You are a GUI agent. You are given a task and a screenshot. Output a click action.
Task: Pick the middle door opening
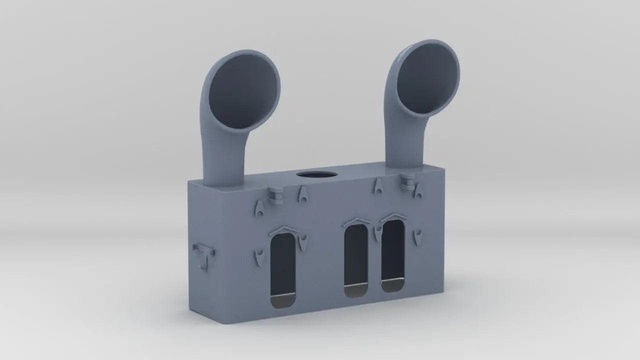pos(356,257)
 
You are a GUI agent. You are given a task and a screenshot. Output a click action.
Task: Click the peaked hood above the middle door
pos(356,221)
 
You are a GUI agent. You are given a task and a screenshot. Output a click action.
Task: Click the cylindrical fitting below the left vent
pos(274,194)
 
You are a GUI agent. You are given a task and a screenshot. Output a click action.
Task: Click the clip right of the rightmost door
pos(418,236)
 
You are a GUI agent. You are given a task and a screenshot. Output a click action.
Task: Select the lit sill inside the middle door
pos(356,289)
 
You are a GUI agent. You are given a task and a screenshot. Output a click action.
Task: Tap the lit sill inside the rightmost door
pos(392,286)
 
